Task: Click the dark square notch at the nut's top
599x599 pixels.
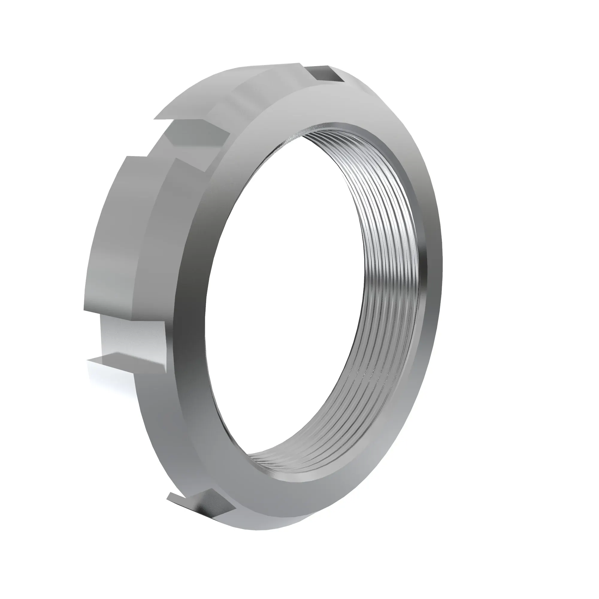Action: click(326, 74)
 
